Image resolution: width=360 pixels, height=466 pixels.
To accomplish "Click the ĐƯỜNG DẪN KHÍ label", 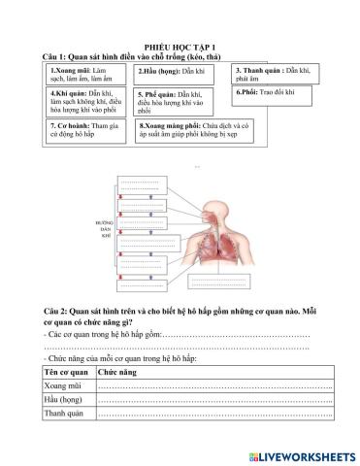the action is (x=105, y=229).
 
